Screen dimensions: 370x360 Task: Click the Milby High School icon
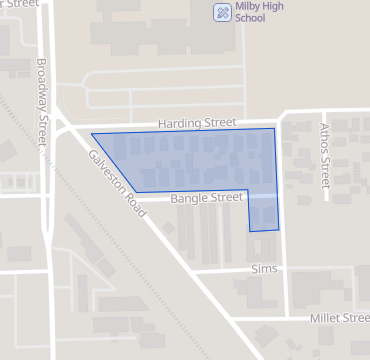point(222,11)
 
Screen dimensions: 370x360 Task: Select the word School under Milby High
point(250,19)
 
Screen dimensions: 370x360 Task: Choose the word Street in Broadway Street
point(42,127)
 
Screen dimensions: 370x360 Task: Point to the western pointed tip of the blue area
point(92,134)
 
